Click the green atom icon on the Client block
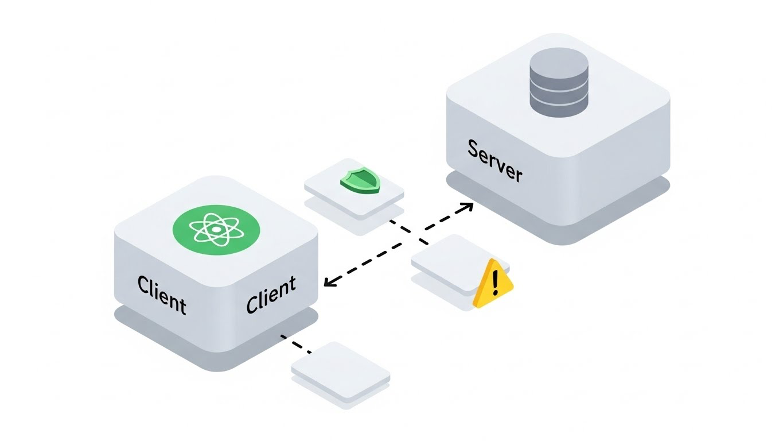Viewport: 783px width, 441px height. point(216,230)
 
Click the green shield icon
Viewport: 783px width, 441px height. point(360,181)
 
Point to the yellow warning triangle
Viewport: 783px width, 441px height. point(493,284)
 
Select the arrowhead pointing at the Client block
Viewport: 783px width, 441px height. point(329,281)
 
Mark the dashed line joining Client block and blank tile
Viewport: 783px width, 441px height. point(296,343)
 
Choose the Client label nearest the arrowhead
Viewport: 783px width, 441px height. point(271,295)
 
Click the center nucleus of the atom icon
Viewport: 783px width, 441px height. point(216,230)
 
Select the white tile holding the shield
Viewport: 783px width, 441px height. point(354,187)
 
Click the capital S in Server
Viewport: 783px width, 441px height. point(475,149)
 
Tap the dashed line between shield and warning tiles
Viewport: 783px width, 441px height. point(408,233)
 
